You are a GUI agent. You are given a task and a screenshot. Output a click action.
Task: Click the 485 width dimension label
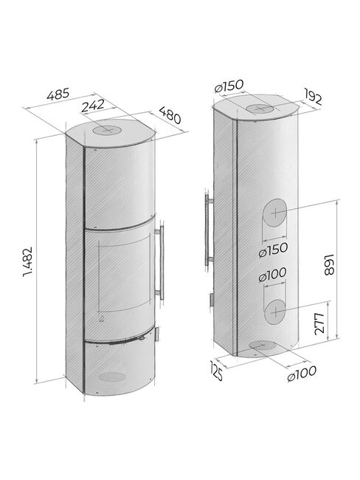coord(58,94)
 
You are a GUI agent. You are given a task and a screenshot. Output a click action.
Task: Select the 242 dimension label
coord(93,106)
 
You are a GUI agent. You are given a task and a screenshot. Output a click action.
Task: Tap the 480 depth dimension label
coord(170,115)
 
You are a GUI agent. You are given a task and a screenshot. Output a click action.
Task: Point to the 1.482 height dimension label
coord(27,261)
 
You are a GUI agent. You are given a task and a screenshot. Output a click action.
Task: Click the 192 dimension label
coord(313,97)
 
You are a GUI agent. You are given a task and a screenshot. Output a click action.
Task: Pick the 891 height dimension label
coord(329,264)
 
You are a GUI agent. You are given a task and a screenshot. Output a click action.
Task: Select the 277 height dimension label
coord(319,323)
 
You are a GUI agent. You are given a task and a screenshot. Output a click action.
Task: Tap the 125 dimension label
coord(216,371)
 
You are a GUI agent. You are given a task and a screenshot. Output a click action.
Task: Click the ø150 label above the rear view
coord(229,86)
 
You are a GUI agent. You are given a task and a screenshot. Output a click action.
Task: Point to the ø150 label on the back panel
coord(273,250)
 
